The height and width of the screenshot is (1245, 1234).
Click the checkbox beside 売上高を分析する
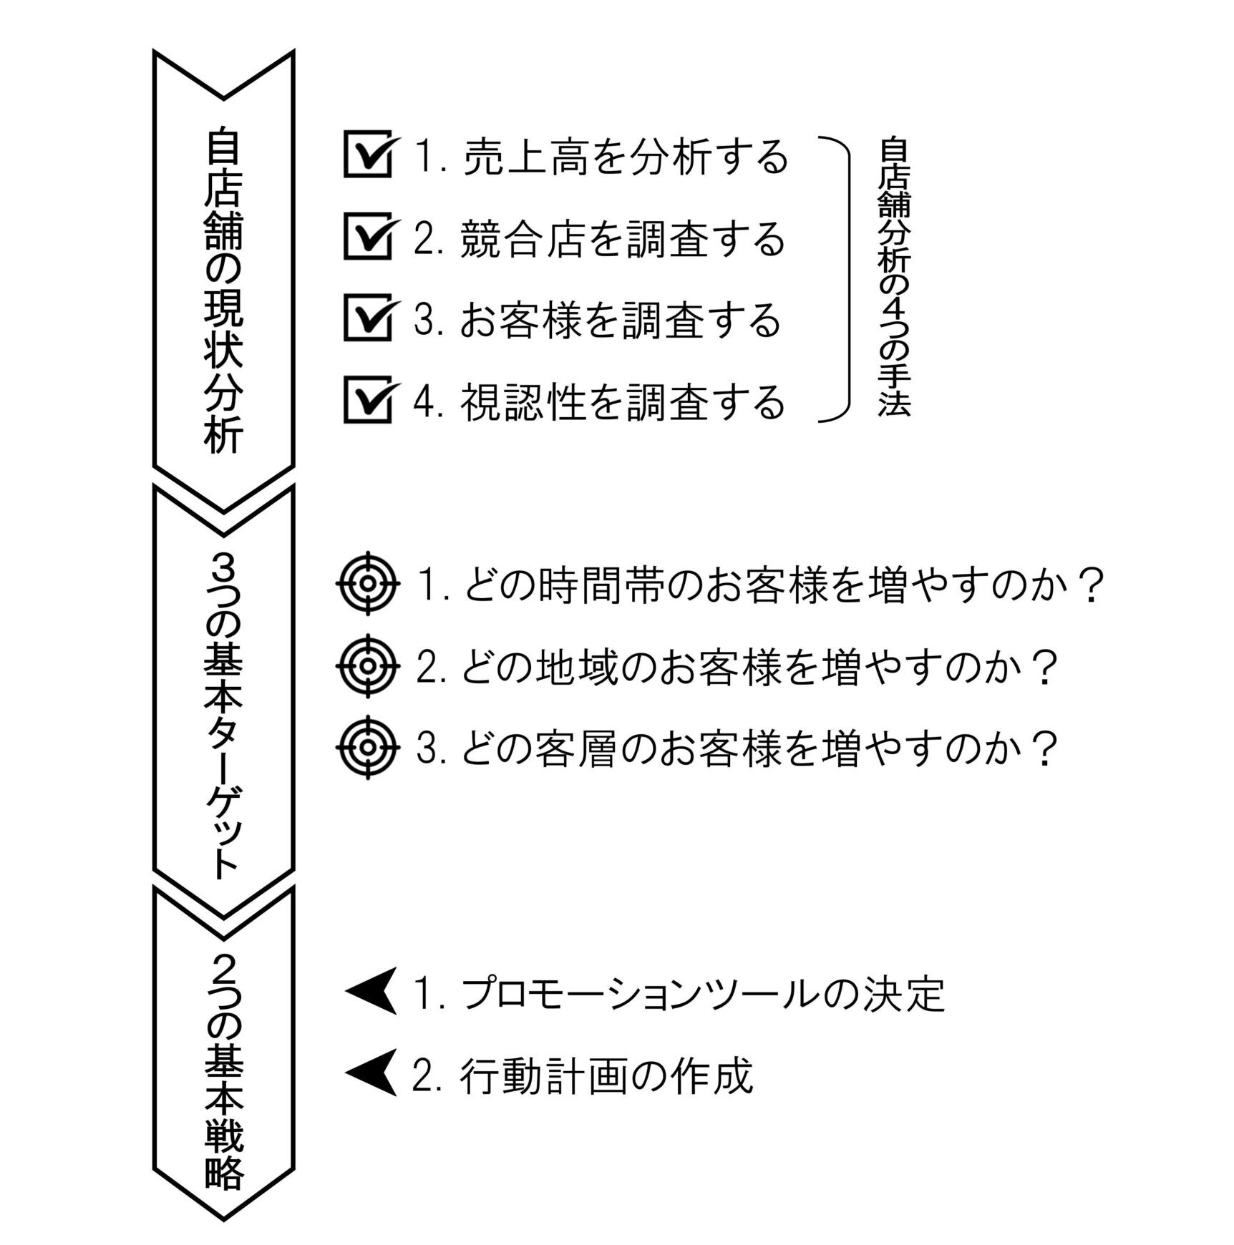pyautogui.click(x=368, y=154)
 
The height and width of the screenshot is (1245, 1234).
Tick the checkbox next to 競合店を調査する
pyautogui.click(x=368, y=235)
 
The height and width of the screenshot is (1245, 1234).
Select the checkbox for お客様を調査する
pyautogui.click(x=368, y=317)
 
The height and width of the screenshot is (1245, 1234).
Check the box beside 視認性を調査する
pyautogui.click(x=368, y=399)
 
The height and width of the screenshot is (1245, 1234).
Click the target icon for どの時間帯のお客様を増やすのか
pyautogui.click(x=368, y=583)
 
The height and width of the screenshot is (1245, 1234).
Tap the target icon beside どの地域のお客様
pyautogui.click(x=368, y=665)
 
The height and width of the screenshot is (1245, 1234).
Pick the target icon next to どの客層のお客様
pyautogui.click(x=368, y=747)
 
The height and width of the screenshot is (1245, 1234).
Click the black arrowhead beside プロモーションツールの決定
pyautogui.click(x=371, y=991)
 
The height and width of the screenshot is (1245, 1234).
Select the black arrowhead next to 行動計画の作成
pyautogui.click(x=371, y=1073)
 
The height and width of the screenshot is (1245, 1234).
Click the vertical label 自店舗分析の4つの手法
pyautogui.click(x=894, y=277)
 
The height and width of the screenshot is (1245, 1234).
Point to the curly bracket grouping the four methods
pyautogui.click(x=849, y=279)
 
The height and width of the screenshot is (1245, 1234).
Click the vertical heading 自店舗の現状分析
pyautogui.click(x=223, y=290)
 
